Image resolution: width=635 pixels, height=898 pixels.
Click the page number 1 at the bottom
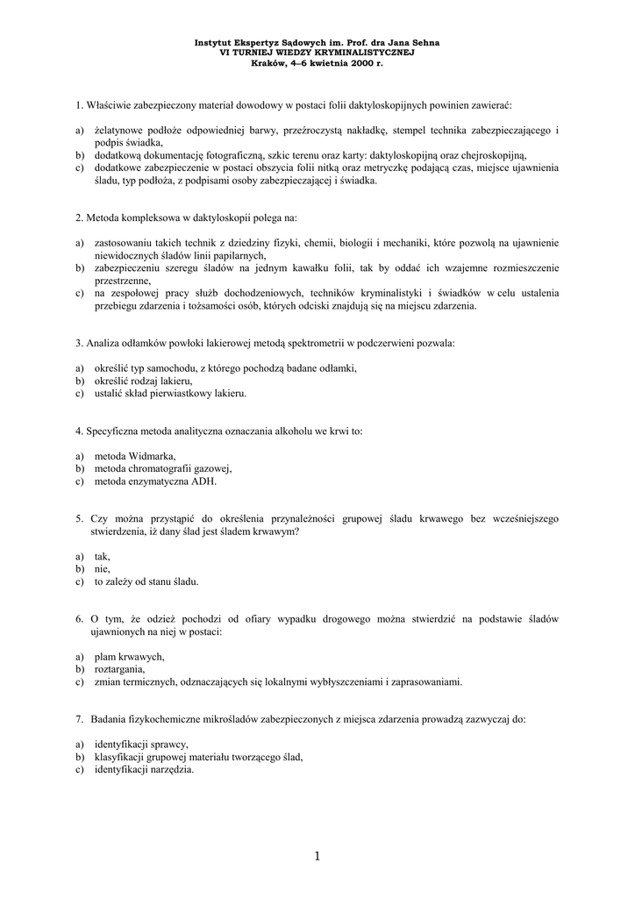pyautogui.click(x=317, y=856)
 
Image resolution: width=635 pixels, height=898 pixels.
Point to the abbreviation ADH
pyautogui.click(x=203, y=481)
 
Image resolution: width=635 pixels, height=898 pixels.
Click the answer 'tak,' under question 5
pyautogui.click(x=103, y=556)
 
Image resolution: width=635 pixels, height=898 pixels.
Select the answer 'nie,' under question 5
pyautogui.click(x=102, y=568)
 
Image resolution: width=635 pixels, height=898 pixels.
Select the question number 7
pyautogui.click(x=79, y=719)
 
